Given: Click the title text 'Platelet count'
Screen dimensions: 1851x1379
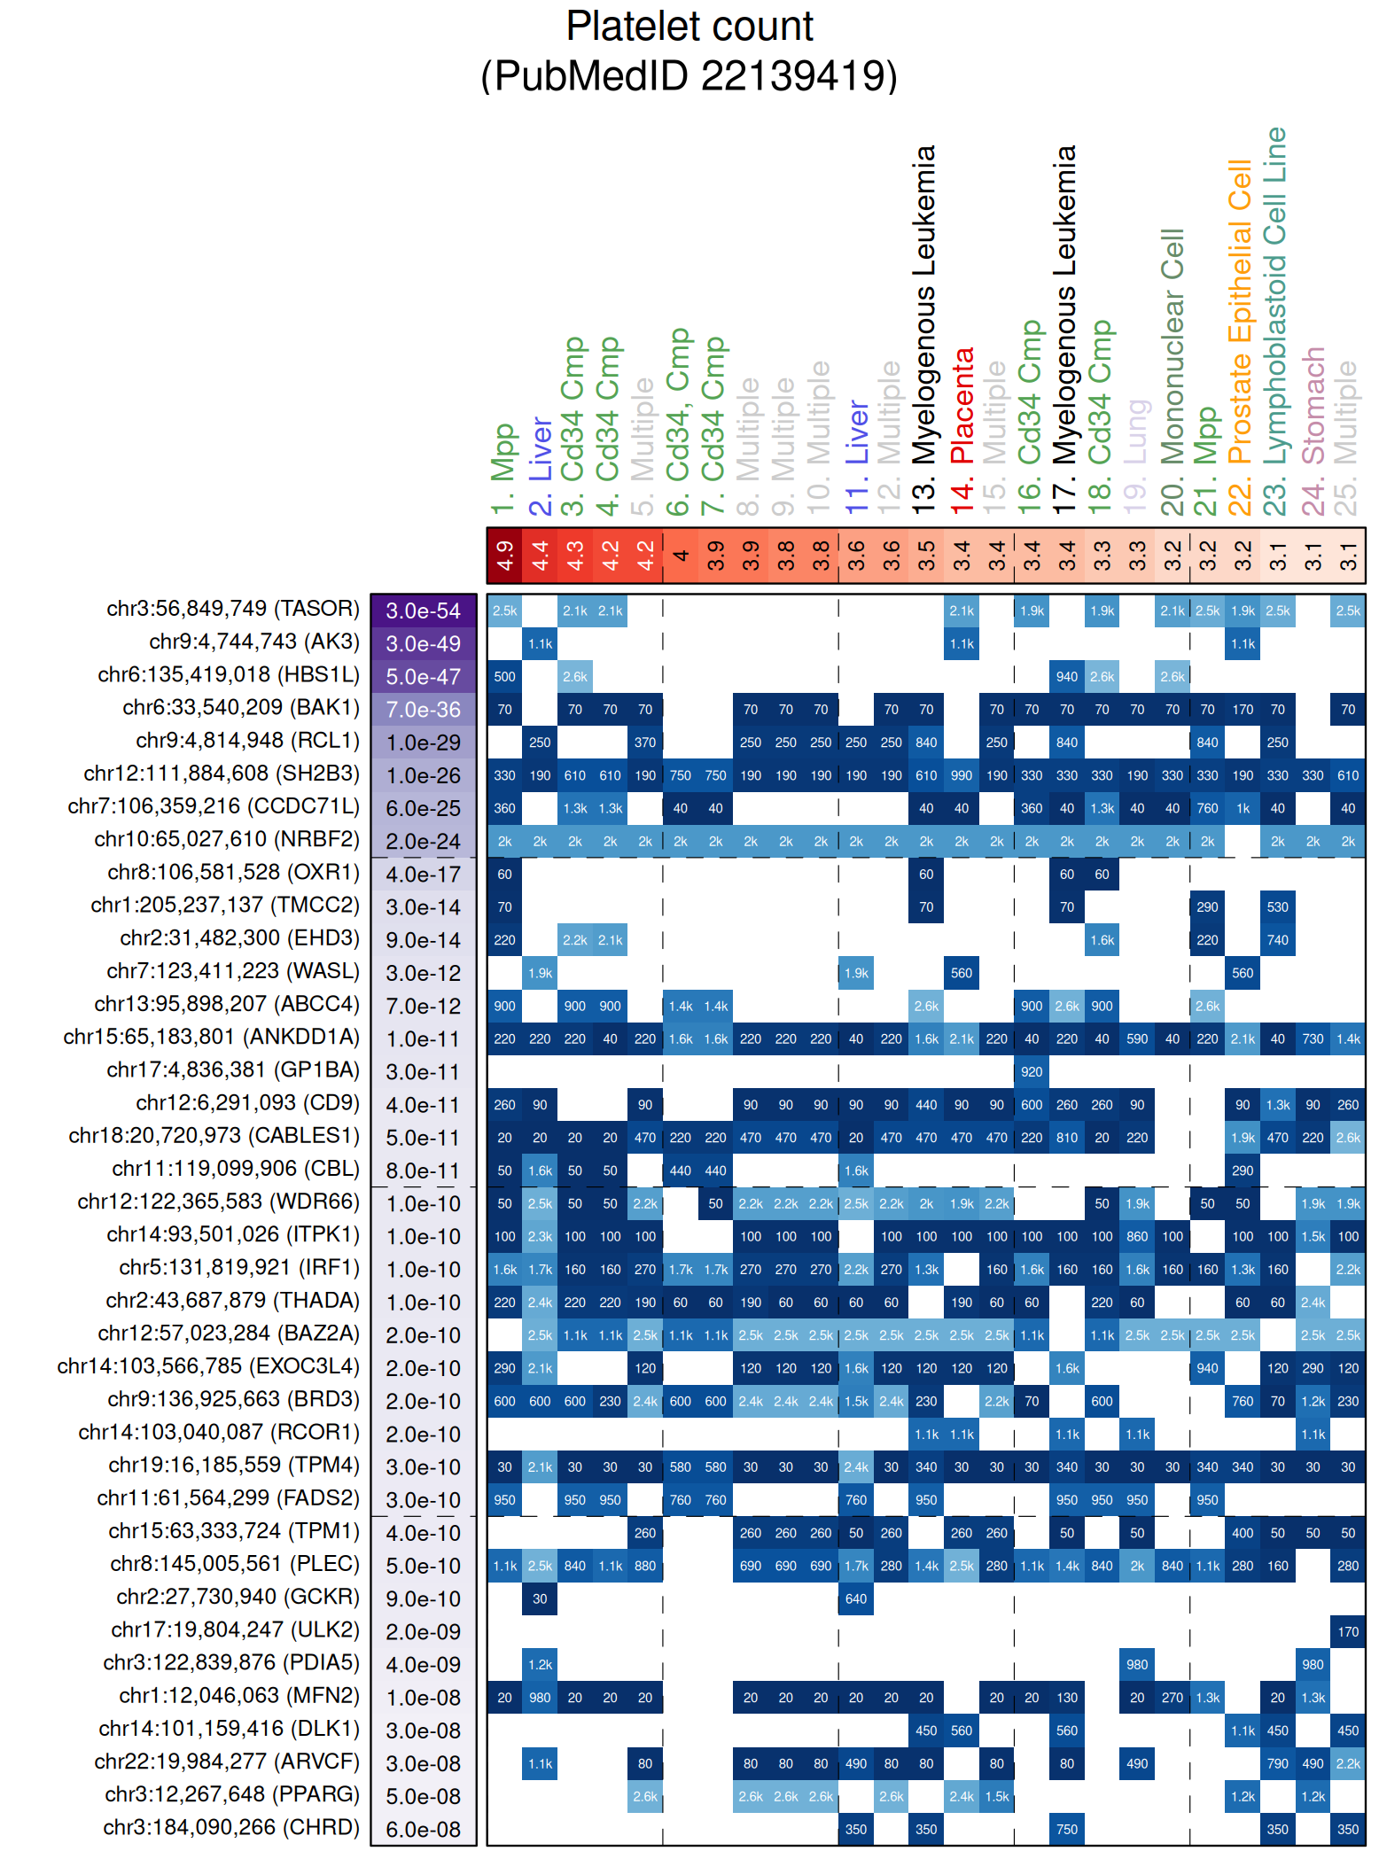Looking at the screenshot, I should tap(689, 27).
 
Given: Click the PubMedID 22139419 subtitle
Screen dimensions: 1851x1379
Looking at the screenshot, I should tap(689, 75).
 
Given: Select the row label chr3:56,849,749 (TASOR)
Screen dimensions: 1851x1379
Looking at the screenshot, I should tap(233, 609).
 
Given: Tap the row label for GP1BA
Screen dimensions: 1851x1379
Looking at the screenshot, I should tap(233, 1070).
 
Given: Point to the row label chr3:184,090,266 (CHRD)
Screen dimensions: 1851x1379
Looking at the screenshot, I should tap(231, 1827).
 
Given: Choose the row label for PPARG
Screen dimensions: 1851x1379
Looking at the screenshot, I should tap(232, 1794).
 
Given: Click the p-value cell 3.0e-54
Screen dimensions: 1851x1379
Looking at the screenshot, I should tap(424, 611).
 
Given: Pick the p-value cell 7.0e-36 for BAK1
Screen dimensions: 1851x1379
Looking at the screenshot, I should tap(424, 710).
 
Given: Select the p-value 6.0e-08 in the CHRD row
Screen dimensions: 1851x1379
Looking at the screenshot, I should tap(424, 1829).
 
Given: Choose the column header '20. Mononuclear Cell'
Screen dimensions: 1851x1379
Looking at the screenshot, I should tap(1173, 372).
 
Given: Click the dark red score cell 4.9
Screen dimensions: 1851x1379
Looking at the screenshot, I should tap(505, 556).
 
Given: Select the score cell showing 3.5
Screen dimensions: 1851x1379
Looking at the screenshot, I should tap(926, 556).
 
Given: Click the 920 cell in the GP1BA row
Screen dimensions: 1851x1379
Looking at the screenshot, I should tap(1032, 1072).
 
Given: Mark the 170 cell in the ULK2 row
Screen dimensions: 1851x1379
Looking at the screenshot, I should tap(1348, 1631).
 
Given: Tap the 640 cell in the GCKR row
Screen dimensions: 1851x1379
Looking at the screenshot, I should tap(856, 1598).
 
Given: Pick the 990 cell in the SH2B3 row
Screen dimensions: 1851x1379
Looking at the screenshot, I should tap(962, 775).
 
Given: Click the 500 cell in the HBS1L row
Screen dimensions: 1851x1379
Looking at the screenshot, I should tap(505, 677).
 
